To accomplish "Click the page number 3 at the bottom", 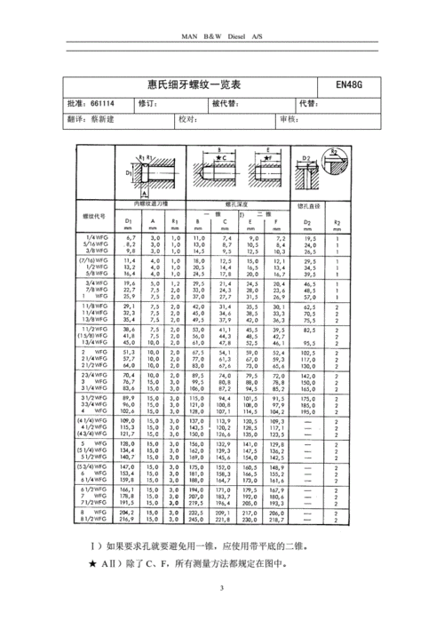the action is coord(222,588).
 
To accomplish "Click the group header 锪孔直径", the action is coord(309,204).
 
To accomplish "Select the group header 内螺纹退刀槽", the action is coord(145,204).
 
